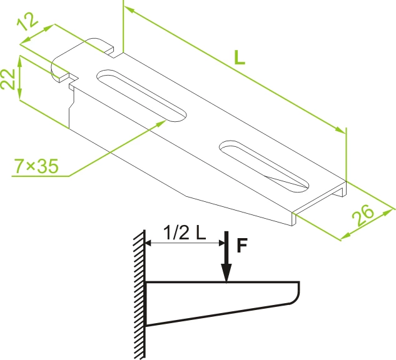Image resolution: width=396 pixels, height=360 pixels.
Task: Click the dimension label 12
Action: tap(28, 21)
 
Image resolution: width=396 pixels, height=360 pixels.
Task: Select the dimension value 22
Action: tap(8, 79)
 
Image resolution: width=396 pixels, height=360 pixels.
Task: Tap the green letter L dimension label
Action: tap(240, 57)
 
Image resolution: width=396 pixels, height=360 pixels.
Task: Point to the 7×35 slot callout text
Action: tap(36, 166)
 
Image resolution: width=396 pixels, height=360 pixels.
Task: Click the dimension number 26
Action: tap(363, 214)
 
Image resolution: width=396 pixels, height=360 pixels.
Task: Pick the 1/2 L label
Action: tap(185, 232)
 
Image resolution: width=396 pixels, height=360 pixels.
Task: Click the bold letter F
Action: tap(242, 245)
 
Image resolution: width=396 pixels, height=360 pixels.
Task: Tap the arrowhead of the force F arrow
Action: tap(226, 273)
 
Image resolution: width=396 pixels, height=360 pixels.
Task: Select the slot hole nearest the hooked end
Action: tap(141, 96)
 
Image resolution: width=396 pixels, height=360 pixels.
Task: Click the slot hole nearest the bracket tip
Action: tap(264, 166)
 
